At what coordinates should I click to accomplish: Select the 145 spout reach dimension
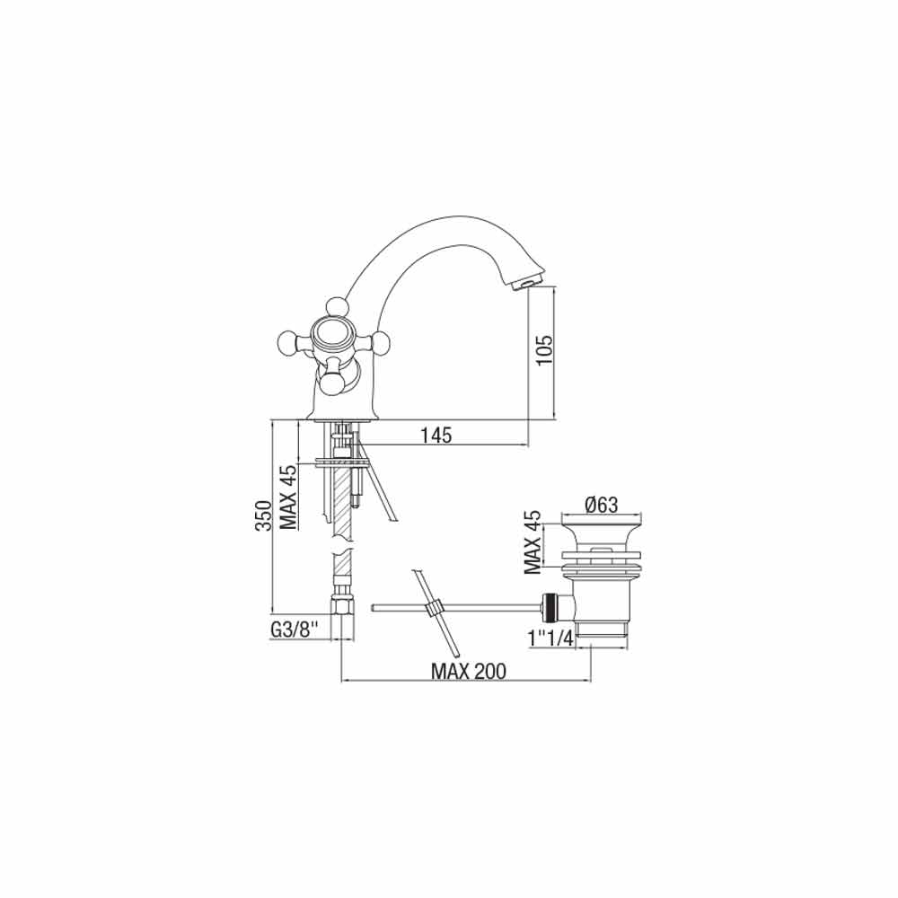pos(436,436)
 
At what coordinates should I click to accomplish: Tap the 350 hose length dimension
pos(263,515)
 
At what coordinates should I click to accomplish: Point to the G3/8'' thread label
pos(294,630)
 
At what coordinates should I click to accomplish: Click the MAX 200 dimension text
pos(469,671)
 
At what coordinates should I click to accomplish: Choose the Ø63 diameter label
pos(602,505)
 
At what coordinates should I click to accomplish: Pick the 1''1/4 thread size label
pos(550,638)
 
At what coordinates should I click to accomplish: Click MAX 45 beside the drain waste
pos(533,541)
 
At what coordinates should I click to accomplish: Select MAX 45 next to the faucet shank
pos(288,497)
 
